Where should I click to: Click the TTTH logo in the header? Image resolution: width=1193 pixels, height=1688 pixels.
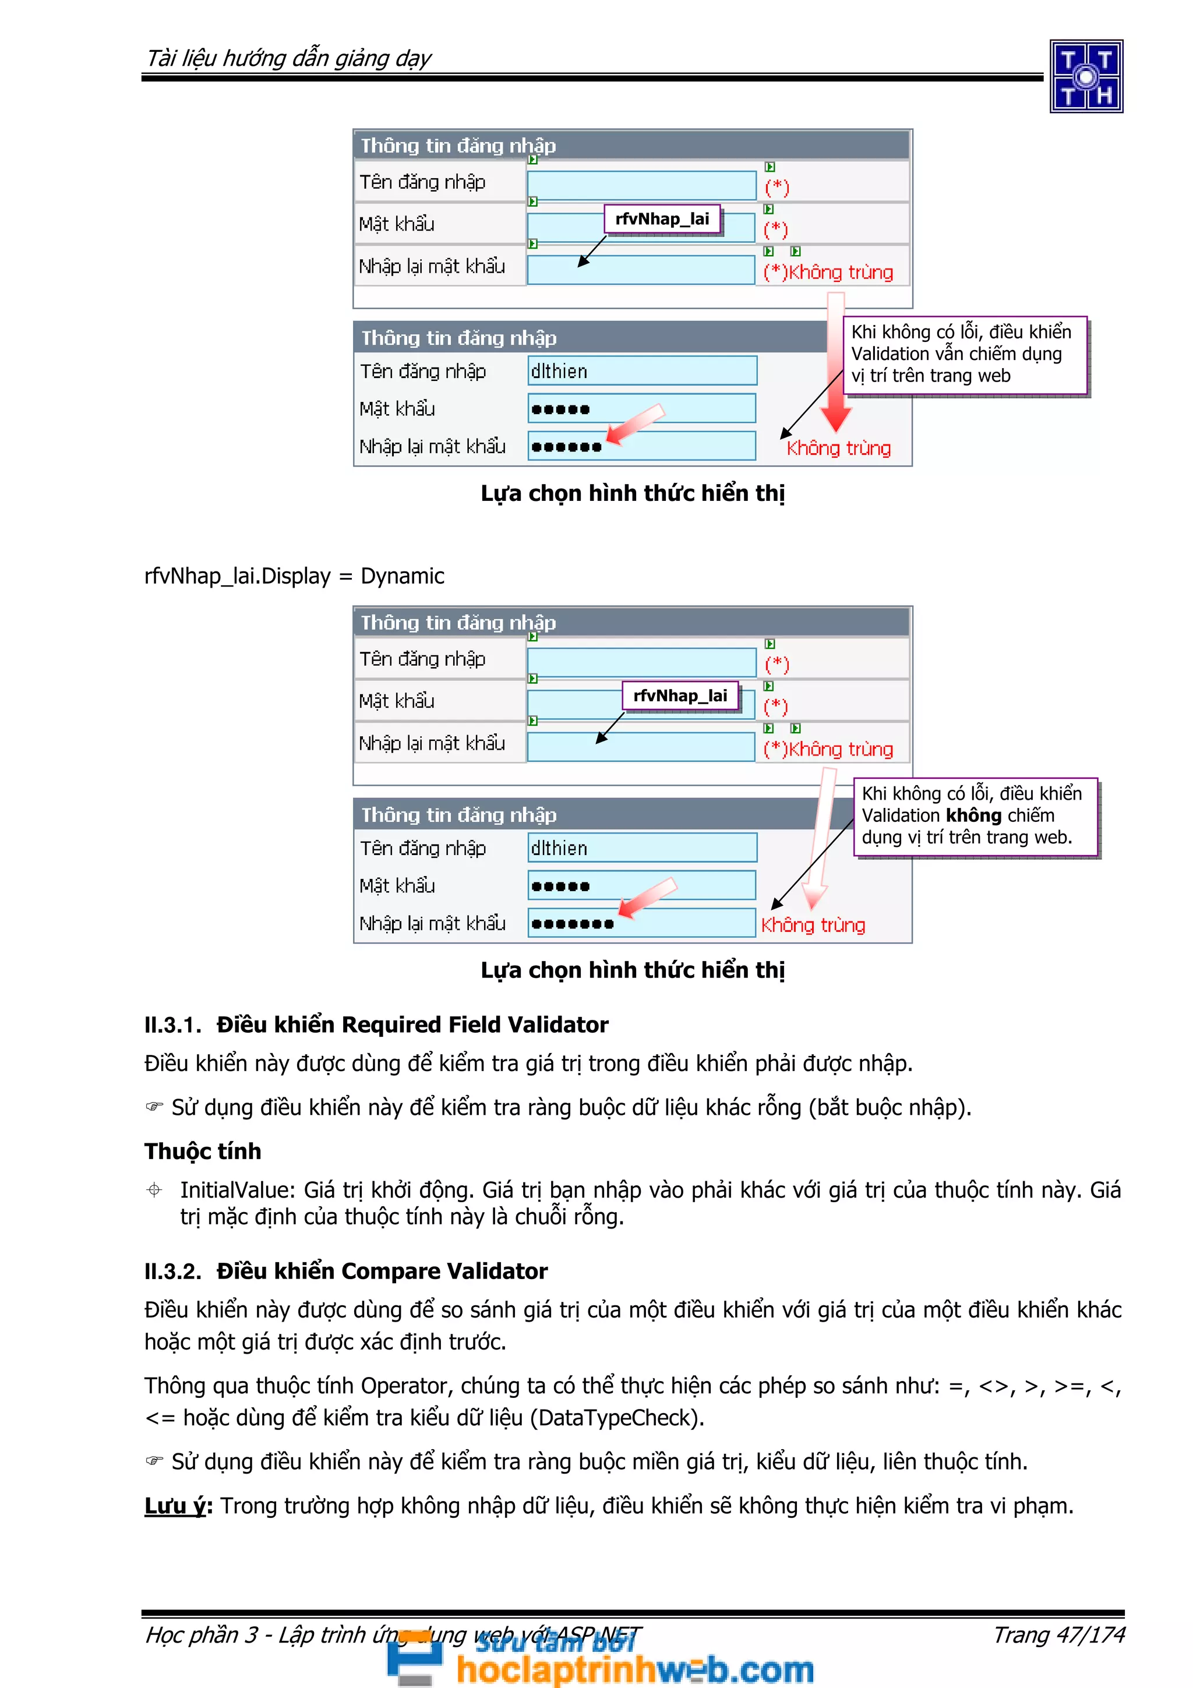point(1086,76)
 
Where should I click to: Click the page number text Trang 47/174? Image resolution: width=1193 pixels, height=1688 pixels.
point(1058,1634)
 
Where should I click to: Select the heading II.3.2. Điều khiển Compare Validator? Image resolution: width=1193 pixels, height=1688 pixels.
point(345,1270)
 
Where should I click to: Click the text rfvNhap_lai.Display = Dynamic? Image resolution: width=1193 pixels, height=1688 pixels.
point(294,575)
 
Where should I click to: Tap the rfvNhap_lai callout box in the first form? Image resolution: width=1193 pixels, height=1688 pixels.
point(662,219)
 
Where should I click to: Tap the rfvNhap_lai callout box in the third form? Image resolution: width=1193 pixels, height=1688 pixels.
point(680,695)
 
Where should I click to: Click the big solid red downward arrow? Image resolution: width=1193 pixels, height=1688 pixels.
point(836,368)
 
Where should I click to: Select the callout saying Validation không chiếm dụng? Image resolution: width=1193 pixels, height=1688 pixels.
point(975,815)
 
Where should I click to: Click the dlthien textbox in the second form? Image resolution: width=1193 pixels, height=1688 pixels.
point(642,371)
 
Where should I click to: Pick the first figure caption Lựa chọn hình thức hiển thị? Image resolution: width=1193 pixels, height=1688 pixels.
point(632,493)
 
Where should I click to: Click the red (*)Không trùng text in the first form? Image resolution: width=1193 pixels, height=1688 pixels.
point(828,272)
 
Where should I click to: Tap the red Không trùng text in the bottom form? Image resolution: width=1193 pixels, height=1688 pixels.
point(813,925)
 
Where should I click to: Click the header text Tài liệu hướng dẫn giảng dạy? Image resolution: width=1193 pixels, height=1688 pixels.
point(288,58)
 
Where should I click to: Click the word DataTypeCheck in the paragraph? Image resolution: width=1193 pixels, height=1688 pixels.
point(614,1418)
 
